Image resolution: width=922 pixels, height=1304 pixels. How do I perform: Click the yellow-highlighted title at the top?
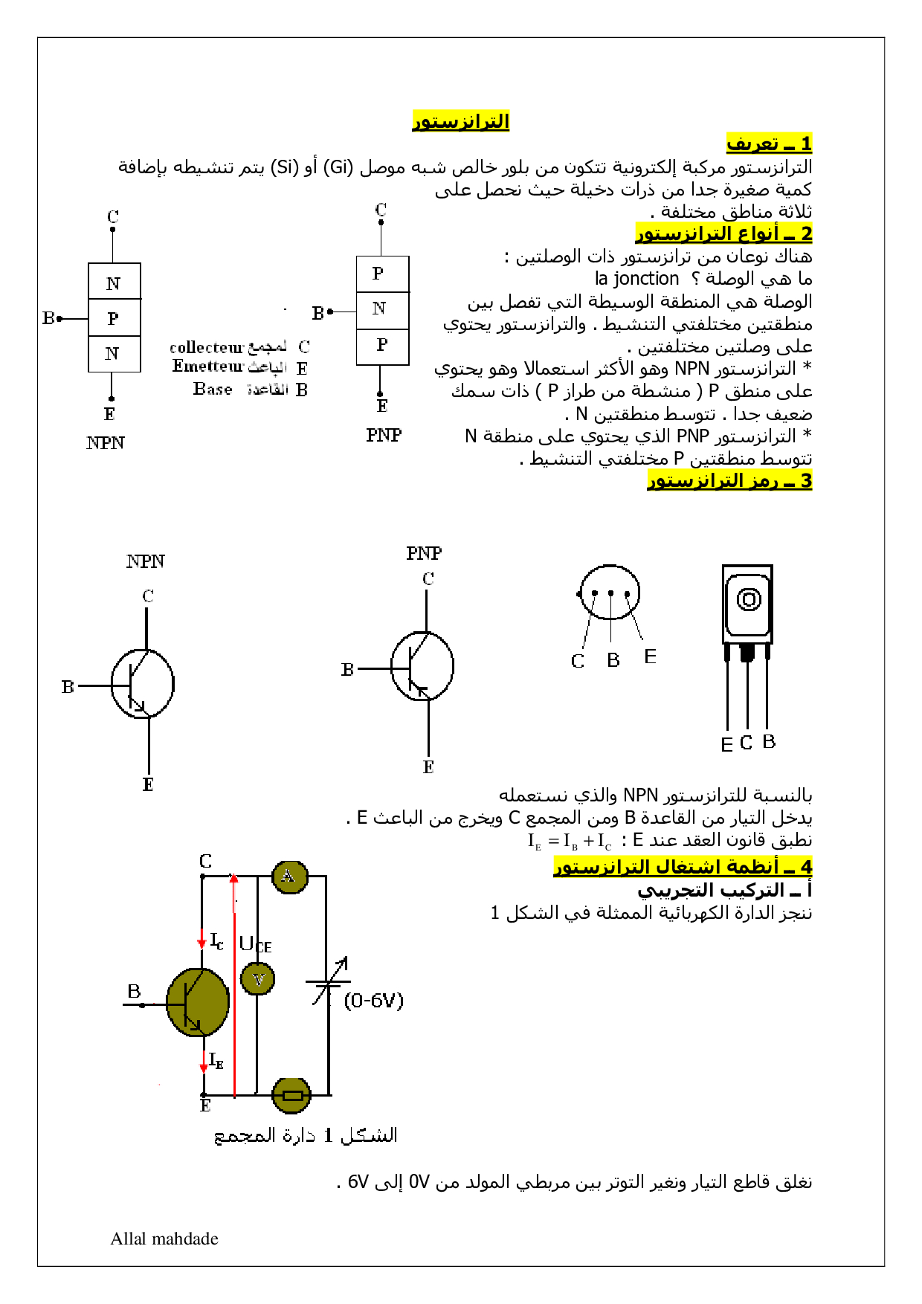pyautogui.click(x=461, y=120)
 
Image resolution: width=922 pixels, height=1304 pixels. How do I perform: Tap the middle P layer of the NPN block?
pyautogui.click(x=114, y=318)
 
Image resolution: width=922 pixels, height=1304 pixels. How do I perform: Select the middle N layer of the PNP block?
pyautogui.click(x=382, y=309)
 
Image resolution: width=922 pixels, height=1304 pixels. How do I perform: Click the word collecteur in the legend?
pyautogui.click(x=206, y=348)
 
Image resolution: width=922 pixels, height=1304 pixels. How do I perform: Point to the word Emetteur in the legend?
pyautogui.click(x=207, y=367)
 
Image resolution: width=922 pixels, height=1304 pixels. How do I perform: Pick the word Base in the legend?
pyautogui.click(x=213, y=389)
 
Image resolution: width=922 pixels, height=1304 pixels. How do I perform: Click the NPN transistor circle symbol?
pyautogui.click(x=143, y=684)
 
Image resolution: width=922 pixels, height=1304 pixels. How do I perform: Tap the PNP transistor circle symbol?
pyautogui.click(x=422, y=666)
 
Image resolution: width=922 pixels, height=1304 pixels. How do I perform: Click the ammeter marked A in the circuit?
pyautogui.click(x=289, y=877)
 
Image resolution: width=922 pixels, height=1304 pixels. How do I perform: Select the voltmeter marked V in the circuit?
pyautogui.click(x=258, y=978)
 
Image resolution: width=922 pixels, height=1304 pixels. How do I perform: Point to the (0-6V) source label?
pyautogui.click(x=373, y=1001)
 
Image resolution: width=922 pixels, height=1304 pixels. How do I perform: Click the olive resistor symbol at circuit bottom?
pyautogui.click(x=291, y=1095)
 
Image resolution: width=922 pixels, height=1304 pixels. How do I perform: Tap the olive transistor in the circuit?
pyautogui.click(x=197, y=1002)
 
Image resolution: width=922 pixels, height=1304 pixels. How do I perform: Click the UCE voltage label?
pyautogui.click(x=254, y=945)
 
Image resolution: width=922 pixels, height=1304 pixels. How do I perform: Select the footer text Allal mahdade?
pyautogui.click(x=164, y=1239)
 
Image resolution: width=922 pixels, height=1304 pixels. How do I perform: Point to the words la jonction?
pyautogui.click(x=636, y=279)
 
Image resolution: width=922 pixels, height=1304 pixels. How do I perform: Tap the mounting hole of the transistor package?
pyautogui.click(x=748, y=599)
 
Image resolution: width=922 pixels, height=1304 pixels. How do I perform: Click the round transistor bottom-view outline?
pyautogui.click(x=610, y=593)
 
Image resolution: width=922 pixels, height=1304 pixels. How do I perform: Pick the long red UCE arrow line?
pyautogui.click(x=234, y=989)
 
